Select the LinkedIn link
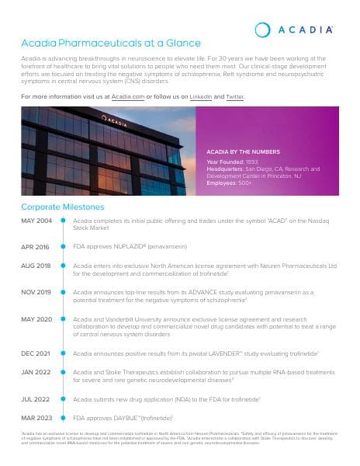pyautogui.click(x=201, y=96)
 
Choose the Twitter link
pyautogui.click(x=234, y=96)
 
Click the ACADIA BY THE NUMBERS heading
pyautogui.click(x=243, y=151)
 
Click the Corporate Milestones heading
pyautogui.click(x=62, y=207)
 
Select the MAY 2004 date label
pyautogui.click(x=36, y=221)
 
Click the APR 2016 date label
pyautogui.click(x=36, y=246)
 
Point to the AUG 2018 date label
pyautogui.click(x=36, y=266)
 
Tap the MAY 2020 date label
pyautogui.click(x=36, y=319)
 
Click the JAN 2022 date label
pyautogui.click(x=36, y=372)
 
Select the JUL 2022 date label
pyautogui.click(x=36, y=398)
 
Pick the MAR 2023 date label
pyautogui.click(x=36, y=418)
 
